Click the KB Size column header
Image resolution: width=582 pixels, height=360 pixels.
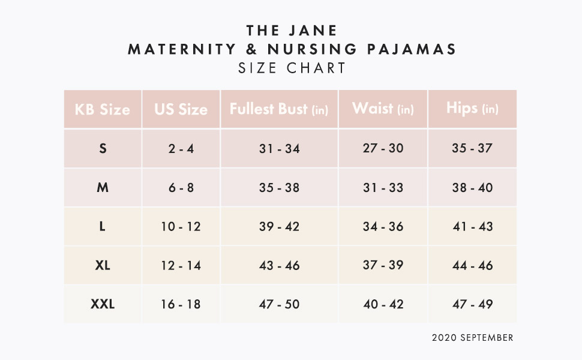pos(102,110)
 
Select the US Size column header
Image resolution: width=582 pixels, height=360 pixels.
pos(181,110)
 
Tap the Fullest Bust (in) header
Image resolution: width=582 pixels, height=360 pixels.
pos(279,109)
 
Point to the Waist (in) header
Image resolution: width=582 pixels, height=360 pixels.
pos(383,109)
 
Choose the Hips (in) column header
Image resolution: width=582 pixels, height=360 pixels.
pos(472,109)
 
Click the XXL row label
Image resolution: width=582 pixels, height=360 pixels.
pos(103,304)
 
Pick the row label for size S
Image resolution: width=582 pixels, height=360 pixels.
pos(103,148)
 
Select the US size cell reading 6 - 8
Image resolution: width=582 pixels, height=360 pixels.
pos(181,188)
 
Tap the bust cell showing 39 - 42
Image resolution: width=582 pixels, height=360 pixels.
pos(279,227)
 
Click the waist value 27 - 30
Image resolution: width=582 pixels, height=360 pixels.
pos(383,148)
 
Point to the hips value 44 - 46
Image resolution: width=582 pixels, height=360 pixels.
pos(472,265)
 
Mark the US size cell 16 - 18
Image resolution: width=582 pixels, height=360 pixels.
pos(181,304)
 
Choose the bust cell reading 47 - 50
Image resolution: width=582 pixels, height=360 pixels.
pos(279,304)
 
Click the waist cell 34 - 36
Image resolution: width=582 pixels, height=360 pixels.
pos(383,227)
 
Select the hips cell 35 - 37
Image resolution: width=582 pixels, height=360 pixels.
pos(472,148)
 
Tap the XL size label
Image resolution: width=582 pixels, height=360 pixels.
pos(103,265)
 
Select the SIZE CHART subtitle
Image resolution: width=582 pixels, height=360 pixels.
pos(292,68)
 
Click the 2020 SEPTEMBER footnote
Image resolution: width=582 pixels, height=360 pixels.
pos(472,338)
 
